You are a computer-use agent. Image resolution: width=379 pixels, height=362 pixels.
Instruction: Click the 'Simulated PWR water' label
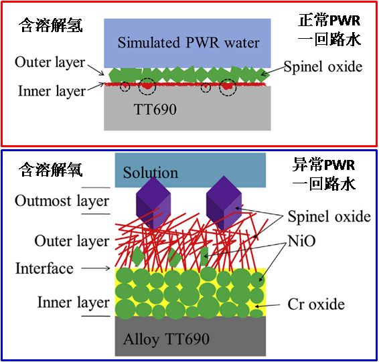(x=189, y=43)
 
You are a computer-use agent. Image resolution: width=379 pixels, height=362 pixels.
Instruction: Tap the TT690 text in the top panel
(x=155, y=109)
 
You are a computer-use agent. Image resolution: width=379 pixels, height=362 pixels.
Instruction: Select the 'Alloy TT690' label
(x=166, y=339)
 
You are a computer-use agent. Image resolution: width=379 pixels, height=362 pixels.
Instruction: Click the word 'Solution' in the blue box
(x=151, y=173)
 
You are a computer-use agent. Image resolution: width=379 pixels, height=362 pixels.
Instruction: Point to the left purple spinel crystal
(x=153, y=203)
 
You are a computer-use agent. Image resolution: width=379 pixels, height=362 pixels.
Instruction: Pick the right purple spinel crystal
(x=224, y=203)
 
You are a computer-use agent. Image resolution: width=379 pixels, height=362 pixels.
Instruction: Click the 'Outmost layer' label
(x=62, y=201)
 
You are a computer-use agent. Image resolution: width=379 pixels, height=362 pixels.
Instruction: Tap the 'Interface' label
(x=44, y=268)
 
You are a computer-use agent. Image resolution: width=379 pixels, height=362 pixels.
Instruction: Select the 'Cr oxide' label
(x=316, y=304)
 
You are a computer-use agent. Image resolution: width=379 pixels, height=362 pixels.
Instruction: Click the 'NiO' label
(x=301, y=241)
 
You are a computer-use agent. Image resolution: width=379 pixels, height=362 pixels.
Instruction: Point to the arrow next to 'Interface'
(x=96, y=268)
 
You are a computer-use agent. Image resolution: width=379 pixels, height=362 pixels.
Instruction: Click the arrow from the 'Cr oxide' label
(x=268, y=306)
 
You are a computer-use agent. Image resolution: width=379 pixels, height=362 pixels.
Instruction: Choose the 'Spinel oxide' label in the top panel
(x=323, y=66)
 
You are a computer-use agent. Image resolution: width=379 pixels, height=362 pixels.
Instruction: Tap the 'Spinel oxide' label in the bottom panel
(x=329, y=216)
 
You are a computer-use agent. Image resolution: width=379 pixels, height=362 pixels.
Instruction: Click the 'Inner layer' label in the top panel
(x=52, y=92)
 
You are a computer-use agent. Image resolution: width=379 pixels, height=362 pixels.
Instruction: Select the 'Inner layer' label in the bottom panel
(x=74, y=302)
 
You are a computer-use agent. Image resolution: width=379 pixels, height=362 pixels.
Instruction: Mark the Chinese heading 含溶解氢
(x=51, y=25)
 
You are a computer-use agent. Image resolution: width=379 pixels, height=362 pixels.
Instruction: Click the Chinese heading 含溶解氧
(x=51, y=169)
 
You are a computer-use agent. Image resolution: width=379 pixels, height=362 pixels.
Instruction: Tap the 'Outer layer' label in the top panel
(x=50, y=62)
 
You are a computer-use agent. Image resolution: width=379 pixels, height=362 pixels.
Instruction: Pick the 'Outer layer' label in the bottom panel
(x=72, y=242)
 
